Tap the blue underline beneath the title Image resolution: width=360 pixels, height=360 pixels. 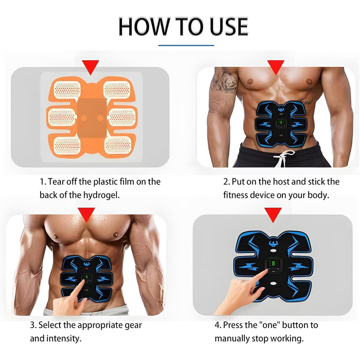pos(186,45)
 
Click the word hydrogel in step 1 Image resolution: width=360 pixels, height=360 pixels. pos(101,195)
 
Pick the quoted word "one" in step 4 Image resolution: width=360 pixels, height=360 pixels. pos(269,325)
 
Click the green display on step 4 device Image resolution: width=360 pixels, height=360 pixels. pos(274,263)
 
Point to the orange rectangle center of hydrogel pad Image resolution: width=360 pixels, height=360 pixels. pos(92,118)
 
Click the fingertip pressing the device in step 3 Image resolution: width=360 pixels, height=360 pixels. pos(83,281)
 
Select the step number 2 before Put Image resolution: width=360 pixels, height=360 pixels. pos(226,182)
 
